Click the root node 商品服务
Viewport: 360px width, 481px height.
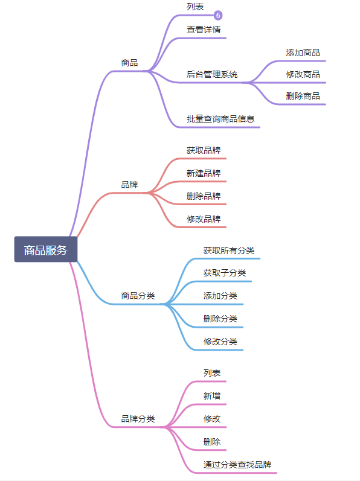(45, 250)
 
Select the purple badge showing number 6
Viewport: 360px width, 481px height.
(218, 16)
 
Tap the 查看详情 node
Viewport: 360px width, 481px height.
(203, 29)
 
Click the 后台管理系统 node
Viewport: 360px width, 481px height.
(212, 74)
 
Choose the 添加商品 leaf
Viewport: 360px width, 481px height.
(303, 53)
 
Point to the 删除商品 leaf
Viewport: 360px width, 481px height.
(303, 96)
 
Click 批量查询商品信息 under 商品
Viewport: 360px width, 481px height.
(220, 119)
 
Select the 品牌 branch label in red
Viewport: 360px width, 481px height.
(129, 184)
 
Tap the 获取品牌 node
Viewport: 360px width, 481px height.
(203, 150)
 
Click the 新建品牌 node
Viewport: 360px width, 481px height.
(203, 173)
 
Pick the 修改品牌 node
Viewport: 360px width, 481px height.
(203, 219)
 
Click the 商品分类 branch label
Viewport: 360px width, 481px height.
(138, 296)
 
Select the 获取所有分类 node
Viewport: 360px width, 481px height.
(228, 250)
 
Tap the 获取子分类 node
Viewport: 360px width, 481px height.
(224, 273)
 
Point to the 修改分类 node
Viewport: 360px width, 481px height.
(220, 342)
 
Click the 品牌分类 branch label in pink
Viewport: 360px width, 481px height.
(138, 419)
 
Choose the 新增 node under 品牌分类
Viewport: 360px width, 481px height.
(211, 396)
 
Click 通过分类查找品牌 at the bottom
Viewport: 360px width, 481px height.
(237, 465)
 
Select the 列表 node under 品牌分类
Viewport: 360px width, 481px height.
(211, 373)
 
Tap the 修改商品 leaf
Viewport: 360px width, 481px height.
(303, 74)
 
